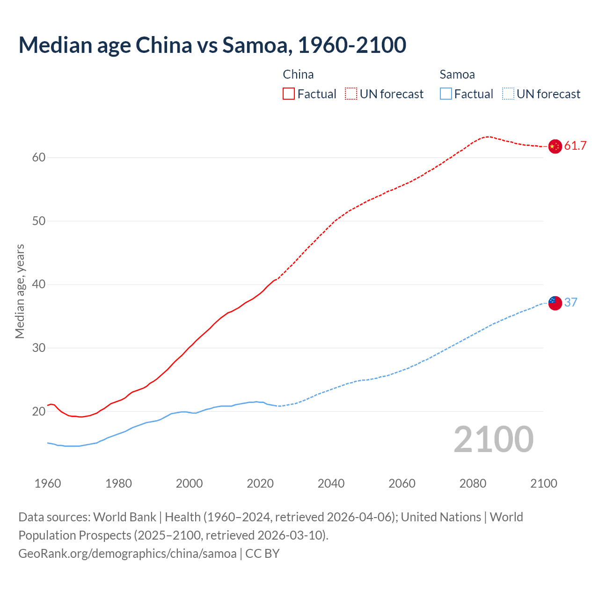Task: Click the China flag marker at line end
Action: [555, 146]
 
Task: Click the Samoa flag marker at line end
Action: [555, 303]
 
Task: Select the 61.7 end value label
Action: [575, 146]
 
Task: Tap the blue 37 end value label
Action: [571, 303]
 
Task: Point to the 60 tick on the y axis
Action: [39, 158]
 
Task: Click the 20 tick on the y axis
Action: [39, 412]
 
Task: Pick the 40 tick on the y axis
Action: [39, 285]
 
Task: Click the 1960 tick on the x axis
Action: [48, 483]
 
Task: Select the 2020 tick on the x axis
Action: [260, 483]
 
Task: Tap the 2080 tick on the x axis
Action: [473, 483]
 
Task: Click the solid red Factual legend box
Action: [289, 94]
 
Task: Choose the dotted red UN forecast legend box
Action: [351, 94]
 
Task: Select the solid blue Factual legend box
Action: [446, 94]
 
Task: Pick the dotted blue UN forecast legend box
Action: [508, 94]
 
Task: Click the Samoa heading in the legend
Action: [457, 75]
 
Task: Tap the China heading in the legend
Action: [298, 75]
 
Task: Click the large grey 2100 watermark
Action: [493, 439]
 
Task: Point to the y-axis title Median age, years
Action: [20, 291]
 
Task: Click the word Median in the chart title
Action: [55, 45]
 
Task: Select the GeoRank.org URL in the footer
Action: [127, 554]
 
